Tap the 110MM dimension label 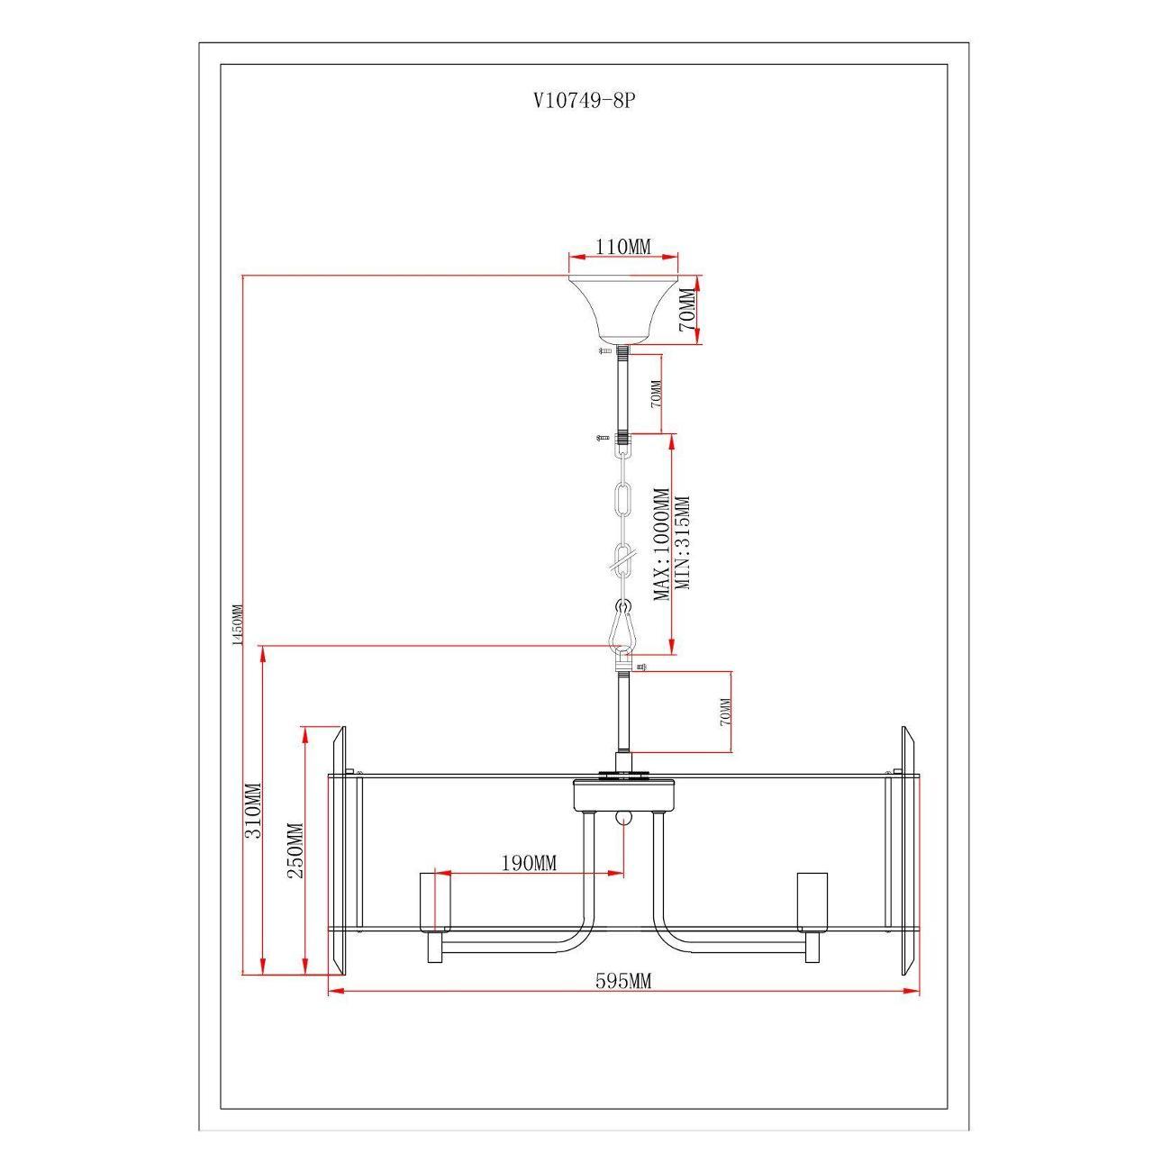622,247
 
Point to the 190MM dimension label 528,862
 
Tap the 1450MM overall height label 238,625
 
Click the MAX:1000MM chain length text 662,544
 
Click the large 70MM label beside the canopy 686,309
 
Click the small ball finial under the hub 623,818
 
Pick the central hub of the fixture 623,794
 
